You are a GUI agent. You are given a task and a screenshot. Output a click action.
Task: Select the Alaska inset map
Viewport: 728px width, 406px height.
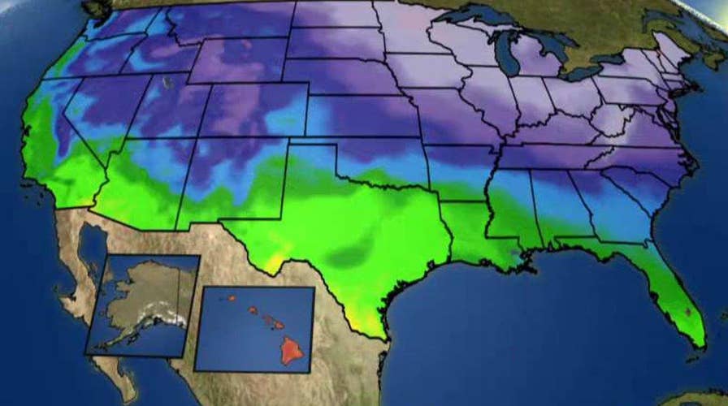click(143, 304)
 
